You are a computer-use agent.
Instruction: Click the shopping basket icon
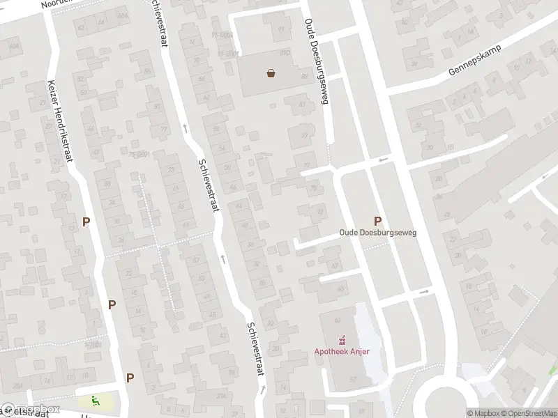[271, 72]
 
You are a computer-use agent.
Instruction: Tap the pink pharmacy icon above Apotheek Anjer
[341, 341]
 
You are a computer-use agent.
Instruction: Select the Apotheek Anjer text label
[341, 350]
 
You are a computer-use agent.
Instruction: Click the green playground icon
[95, 401]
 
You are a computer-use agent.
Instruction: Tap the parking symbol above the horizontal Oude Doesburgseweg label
[377, 220]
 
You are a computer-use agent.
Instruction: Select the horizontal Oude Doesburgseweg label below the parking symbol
[377, 233]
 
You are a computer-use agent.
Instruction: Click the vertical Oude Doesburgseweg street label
[316, 61]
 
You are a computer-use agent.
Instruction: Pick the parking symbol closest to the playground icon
[130, 378]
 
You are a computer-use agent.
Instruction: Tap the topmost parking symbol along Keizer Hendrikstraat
[86, 222]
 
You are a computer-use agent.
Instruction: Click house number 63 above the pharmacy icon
[337, 320]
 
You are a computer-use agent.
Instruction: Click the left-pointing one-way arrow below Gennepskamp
[382, 161]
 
